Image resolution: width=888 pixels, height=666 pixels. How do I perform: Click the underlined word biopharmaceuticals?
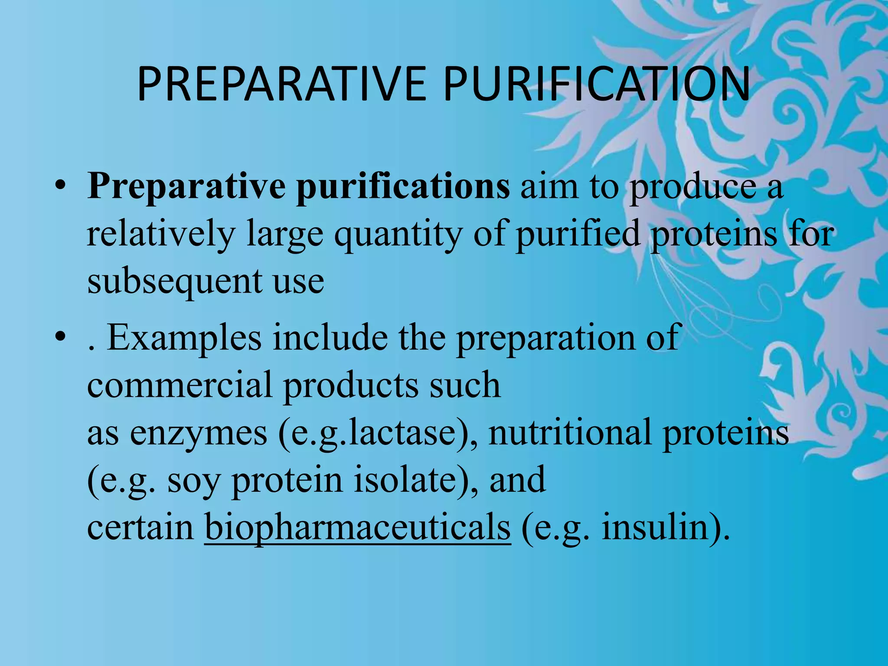click(357, 527)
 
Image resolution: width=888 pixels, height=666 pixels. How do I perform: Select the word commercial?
click(180, 385)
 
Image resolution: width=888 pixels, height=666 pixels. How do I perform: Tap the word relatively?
click(161, 234)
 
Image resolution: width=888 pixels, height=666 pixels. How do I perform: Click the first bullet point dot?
click(60, 188)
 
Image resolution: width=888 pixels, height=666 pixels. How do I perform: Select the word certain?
click(140, 527)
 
